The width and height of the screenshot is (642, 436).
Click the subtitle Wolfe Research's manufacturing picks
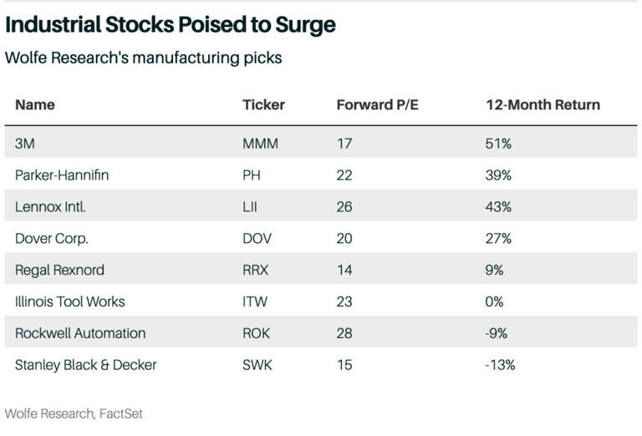point(143,58)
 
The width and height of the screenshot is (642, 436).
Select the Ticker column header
point(263,104)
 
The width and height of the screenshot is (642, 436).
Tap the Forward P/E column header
point(374,104)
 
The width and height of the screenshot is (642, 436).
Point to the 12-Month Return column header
point(543,104)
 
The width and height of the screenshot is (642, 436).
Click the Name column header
point(35,104)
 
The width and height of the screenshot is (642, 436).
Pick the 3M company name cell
point(25,144)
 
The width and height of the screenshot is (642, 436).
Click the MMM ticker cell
point(260,144)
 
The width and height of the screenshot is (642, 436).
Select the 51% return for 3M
point(498,144)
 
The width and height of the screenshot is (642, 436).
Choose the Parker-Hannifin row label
point(62,175)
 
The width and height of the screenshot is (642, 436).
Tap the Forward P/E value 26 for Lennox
point(344,206)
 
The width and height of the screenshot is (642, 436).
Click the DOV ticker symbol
point(257,238)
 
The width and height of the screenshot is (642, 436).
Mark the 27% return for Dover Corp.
point(498,238)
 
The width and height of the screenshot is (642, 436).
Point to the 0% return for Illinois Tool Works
point(494,302)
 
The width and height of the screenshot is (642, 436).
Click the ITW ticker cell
point(255,302)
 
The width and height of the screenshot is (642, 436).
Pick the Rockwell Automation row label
point(80,333)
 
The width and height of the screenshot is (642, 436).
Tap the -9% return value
point(497,333)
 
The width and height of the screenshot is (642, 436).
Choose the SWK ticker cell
point(257,365)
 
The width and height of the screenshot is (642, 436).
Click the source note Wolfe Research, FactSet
point(68,413)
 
